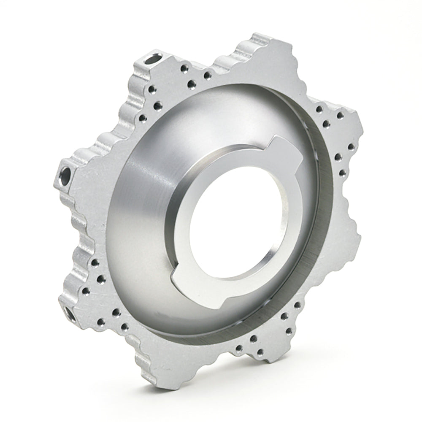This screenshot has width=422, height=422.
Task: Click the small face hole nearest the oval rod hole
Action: click(x=184, y=68)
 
